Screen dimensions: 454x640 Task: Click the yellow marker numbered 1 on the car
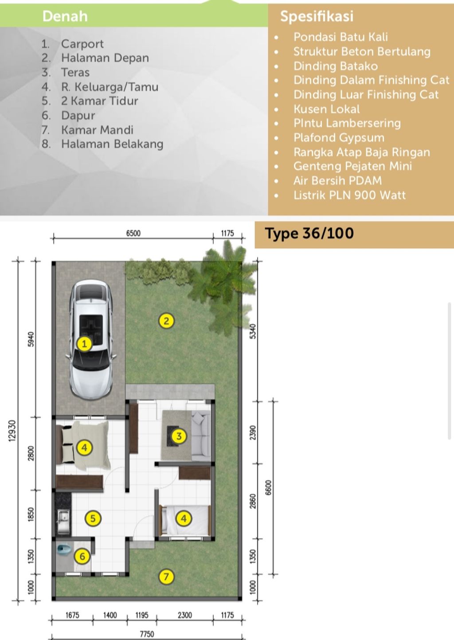pyautogui.click(x=84, y=344)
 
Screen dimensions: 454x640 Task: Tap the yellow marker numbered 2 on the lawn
pyautogui.click(x=166, y=321)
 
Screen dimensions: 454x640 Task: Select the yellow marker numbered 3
pyautogui.click(x=179, y=436)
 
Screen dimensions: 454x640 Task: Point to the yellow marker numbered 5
pyautogui.click(x=93, y=518)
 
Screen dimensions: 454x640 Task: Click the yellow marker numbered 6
pyautogui.click(x=82, y=556)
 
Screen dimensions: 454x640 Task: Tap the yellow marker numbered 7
pyautogui.click(x=166, y=577)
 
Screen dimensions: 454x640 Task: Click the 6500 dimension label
pyautogui.click(x=133, y=234)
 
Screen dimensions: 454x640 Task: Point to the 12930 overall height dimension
pyautogui.click(x=12, y=431)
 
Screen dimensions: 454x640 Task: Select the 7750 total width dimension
pyautogui.click(x=147, y=634)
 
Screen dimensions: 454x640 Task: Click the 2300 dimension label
pyautogui.click(x=185, y=615)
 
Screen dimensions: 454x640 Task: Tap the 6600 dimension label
pyautogui.click(x=268, y=488)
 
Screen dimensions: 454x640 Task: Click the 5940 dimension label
pyautogui.click(x=31, y=340)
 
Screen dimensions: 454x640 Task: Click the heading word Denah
pyautogui.click(x=65, y=16)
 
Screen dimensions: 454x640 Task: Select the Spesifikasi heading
pyautogui.click(x=317, y=16)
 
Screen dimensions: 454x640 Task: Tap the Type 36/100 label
pyautogui.click(x=309, y=234)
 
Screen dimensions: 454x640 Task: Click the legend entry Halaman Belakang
pyautogui.click(x=112, y=144)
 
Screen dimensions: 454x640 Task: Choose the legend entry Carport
pyautogui.click(x=82, y=44)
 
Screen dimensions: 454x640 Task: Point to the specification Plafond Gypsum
pyautogui.click(x=339, y=138)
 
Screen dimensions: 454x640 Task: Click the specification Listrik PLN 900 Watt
pyautogui.click(x=349, y=195)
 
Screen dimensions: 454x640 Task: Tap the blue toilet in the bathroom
pyautogui.click(x=63, y=550)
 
